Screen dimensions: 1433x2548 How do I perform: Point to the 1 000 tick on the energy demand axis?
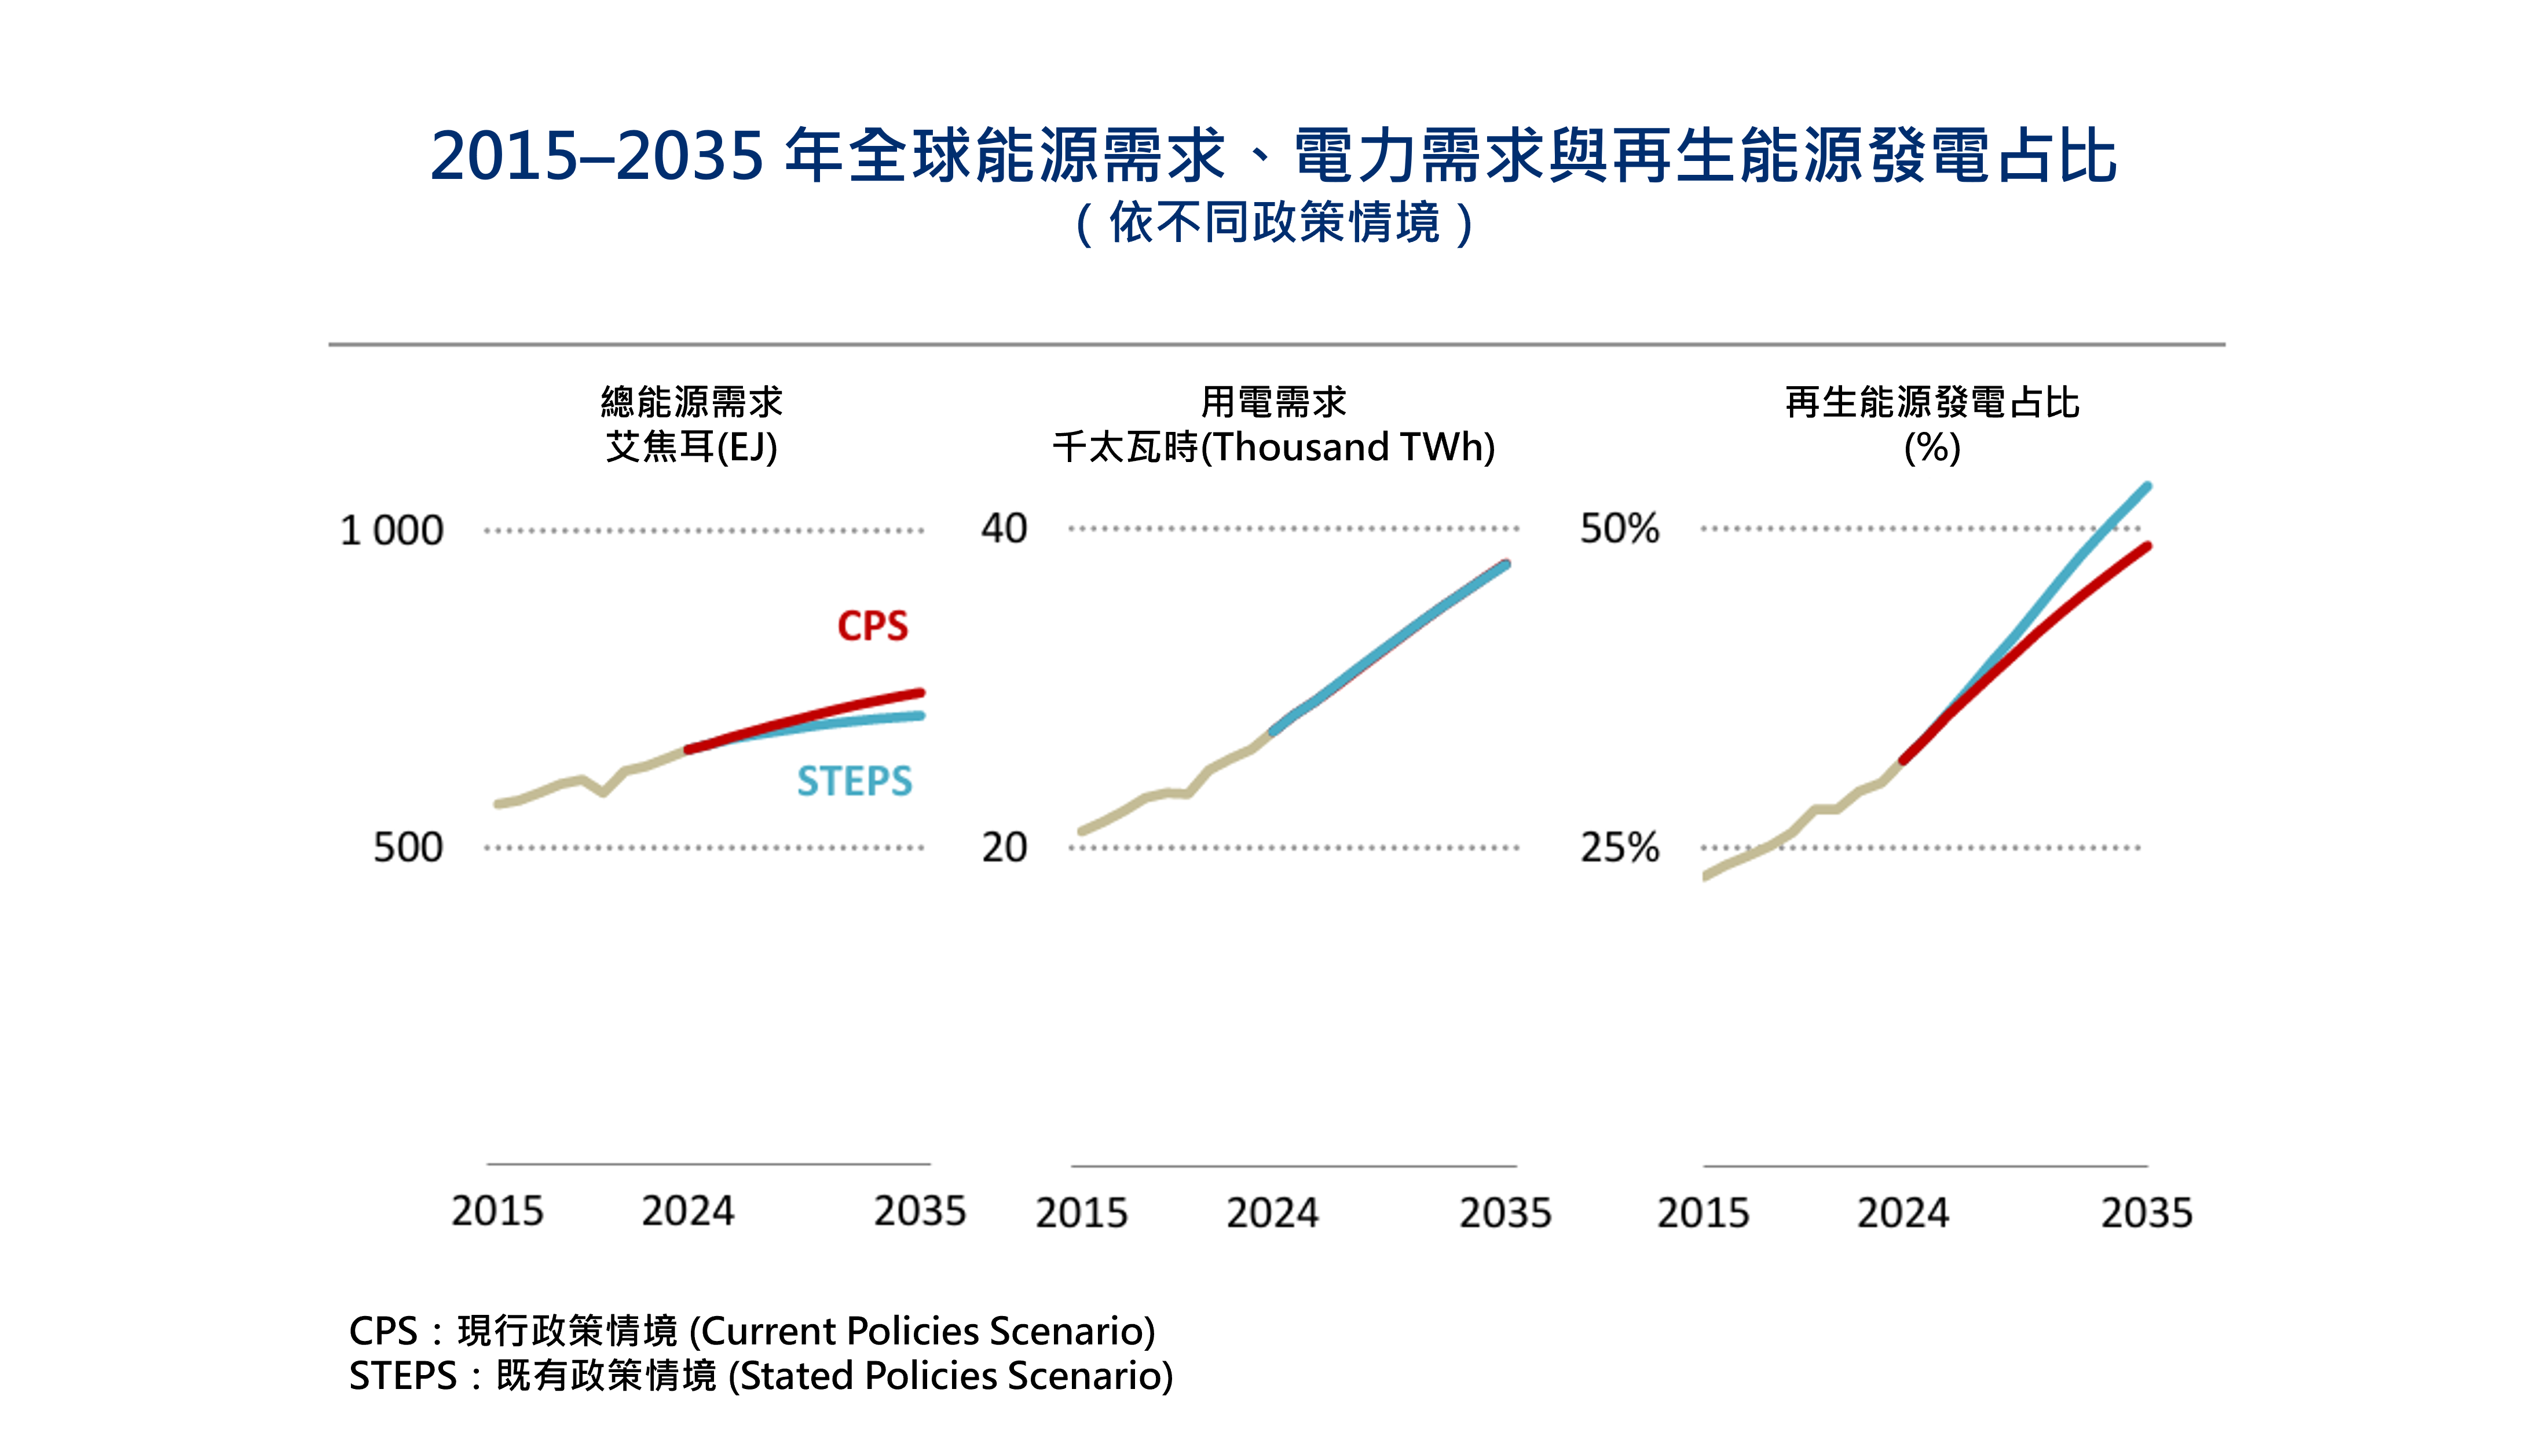[391, 531]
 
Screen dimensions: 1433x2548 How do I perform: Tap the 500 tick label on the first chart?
[408, 848]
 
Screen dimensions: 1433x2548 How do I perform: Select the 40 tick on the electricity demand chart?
[1004, 529]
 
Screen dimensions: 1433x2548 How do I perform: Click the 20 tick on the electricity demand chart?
[1004, 848]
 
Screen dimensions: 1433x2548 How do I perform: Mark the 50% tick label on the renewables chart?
[1619, 529]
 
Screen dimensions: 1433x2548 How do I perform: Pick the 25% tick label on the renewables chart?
[1619, 848]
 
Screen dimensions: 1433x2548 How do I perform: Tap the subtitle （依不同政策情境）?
[1274, 222]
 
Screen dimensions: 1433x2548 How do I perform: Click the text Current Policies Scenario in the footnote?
[922, 1331]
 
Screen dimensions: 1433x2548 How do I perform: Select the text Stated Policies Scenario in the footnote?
[950, 1376]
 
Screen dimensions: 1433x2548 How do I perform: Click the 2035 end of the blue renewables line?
[2147, 486]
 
